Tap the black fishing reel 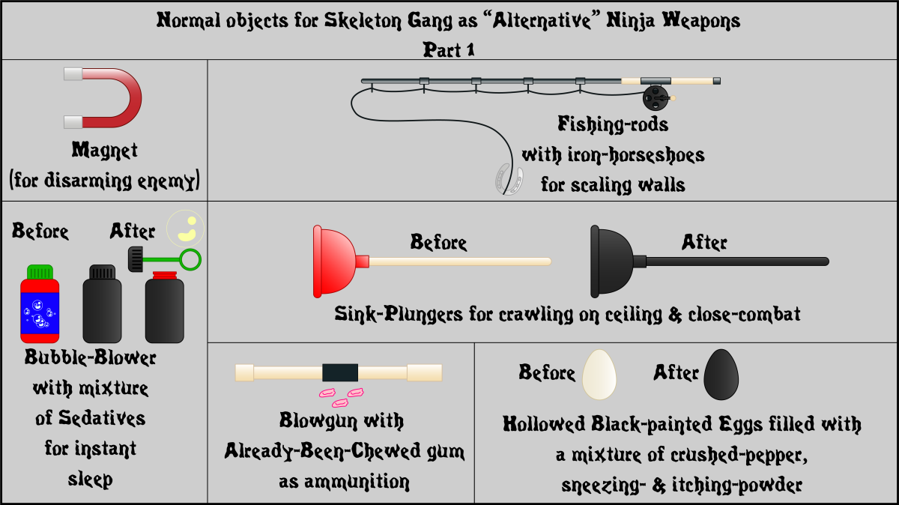[x=656, y=98]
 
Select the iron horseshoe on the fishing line [x=509, y=179]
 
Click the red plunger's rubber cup [x=334, y=261]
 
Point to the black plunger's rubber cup [x=611, y=261]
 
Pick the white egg [x=599, y=375]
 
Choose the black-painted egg [x=721, y=375]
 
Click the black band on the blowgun [x=340, y=372]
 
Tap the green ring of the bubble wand [x=190, y=260]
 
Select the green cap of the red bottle [x=40, y=272]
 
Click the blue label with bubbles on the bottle [x=40, y=313]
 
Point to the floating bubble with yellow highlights [x=186, y=229]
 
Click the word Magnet [x=104, y=151]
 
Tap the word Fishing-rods [x=613, y=124]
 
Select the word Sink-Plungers [x=399, y=314]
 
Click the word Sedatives [x=102, y=418]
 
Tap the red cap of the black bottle [x=165, y=276]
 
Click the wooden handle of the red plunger [x=460, y=261]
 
